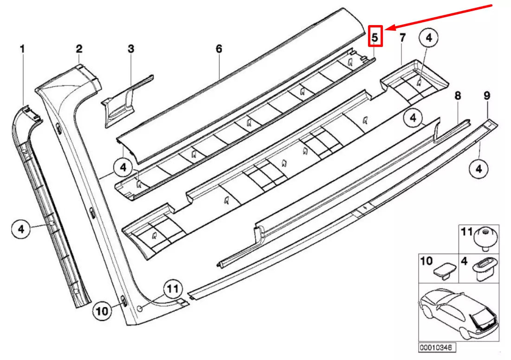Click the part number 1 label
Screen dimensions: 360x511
[x=22, y=48]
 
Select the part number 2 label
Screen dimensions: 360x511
[x=79, y=48]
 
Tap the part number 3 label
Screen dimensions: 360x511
[x=131, y=48]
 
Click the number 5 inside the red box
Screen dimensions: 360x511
[x=375, y=36]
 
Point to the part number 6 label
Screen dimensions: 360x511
[x=219, y=48]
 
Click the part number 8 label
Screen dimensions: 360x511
[x=458, y=96]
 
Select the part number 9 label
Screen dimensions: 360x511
[x=487, y=96]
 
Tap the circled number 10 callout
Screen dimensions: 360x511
[x=103, y=311]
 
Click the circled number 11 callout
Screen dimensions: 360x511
[x=172, y=289]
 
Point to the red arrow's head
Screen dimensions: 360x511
[x=389, y=28]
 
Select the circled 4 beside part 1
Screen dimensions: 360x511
[x=21, y=229]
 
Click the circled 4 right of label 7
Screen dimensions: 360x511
[x=428, y=39]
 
